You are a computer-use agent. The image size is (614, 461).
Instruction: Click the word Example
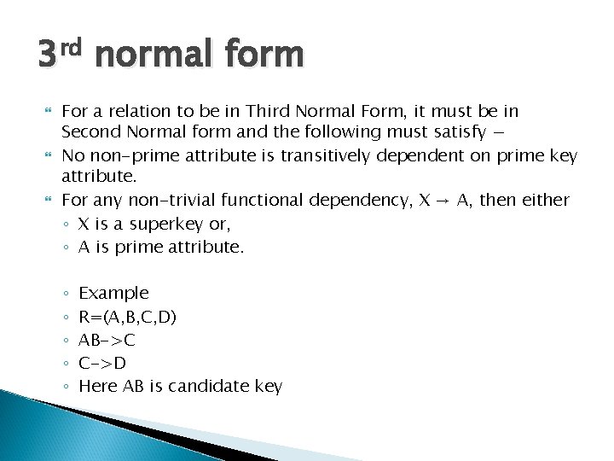pos(113,293)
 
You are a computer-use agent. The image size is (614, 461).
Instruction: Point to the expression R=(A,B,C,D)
pos(128,317)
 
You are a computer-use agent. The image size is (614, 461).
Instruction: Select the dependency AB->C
pos(107,340)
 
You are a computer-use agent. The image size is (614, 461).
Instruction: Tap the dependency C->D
pos(101,363)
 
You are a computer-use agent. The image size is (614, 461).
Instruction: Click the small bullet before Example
pos(66,294)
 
